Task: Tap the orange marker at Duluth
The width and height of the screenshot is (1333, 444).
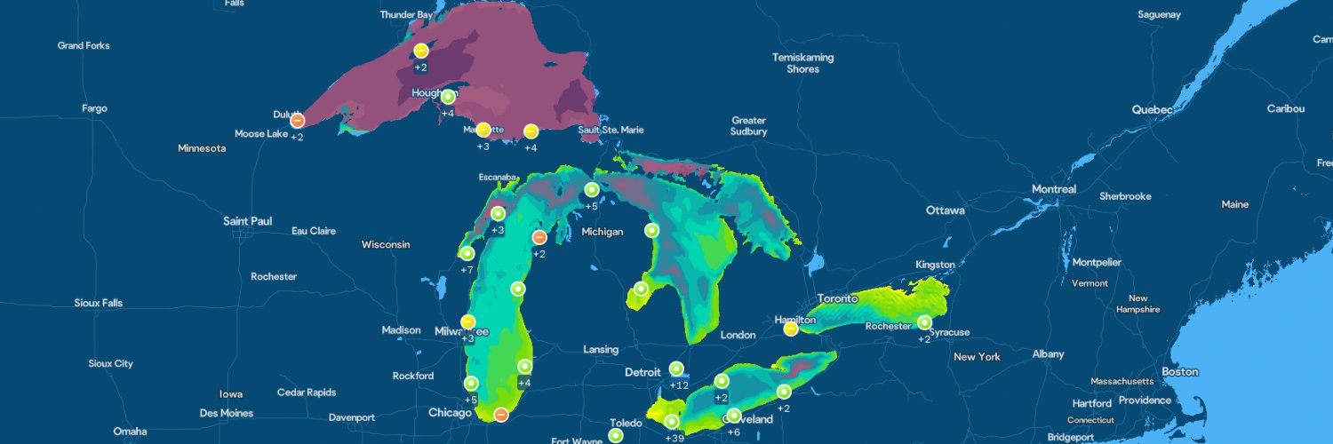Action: click(x=298, y=120)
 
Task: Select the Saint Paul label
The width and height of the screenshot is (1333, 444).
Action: click(x=247, y=221)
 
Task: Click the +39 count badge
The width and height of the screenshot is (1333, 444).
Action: click(x=675, y=438)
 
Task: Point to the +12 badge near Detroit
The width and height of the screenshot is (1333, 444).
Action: click(x=679, y=385)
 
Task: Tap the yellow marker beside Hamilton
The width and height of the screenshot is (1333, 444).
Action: click(x=790, y=329)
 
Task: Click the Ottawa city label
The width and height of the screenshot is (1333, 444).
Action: click(x=945, y=211)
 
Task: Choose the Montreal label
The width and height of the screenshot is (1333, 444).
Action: click(x=1053, y=190)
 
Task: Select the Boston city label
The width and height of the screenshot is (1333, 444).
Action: click(x=1179, y=372)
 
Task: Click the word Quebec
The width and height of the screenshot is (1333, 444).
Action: click(x=1152, y=110)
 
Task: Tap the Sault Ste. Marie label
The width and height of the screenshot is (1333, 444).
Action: click(x=611, y=131)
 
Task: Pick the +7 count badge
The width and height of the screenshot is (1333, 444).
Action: click(x=467, y=269)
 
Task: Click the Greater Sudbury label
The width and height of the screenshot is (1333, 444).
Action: click(x=748, y=126)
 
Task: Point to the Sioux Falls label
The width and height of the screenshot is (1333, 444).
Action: click(x=99, y=303)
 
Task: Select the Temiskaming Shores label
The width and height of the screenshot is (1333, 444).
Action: click(x=802, y=63)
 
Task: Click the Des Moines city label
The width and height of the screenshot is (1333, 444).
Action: click(x=226, y=413)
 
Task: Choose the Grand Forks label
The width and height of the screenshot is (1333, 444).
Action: click(x=84, y=45)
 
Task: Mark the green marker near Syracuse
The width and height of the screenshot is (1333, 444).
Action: click(x=924, y=322)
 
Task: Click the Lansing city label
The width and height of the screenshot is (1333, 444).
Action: click(x=601, y=350)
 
